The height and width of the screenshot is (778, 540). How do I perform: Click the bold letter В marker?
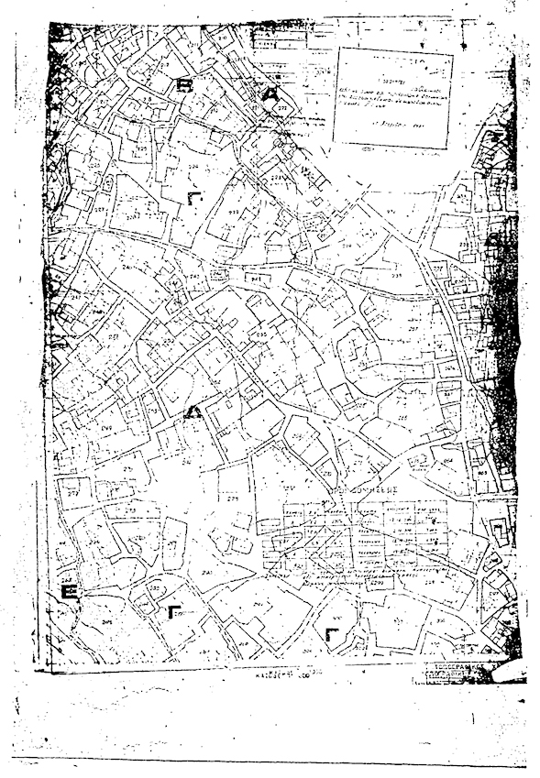[x=185, y=85]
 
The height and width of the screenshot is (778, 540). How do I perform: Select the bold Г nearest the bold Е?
[x=174, y=611]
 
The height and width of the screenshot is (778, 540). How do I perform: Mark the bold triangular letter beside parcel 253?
[x=193, y=411]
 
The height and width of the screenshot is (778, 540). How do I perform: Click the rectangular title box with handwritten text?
[x=393, y=97]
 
